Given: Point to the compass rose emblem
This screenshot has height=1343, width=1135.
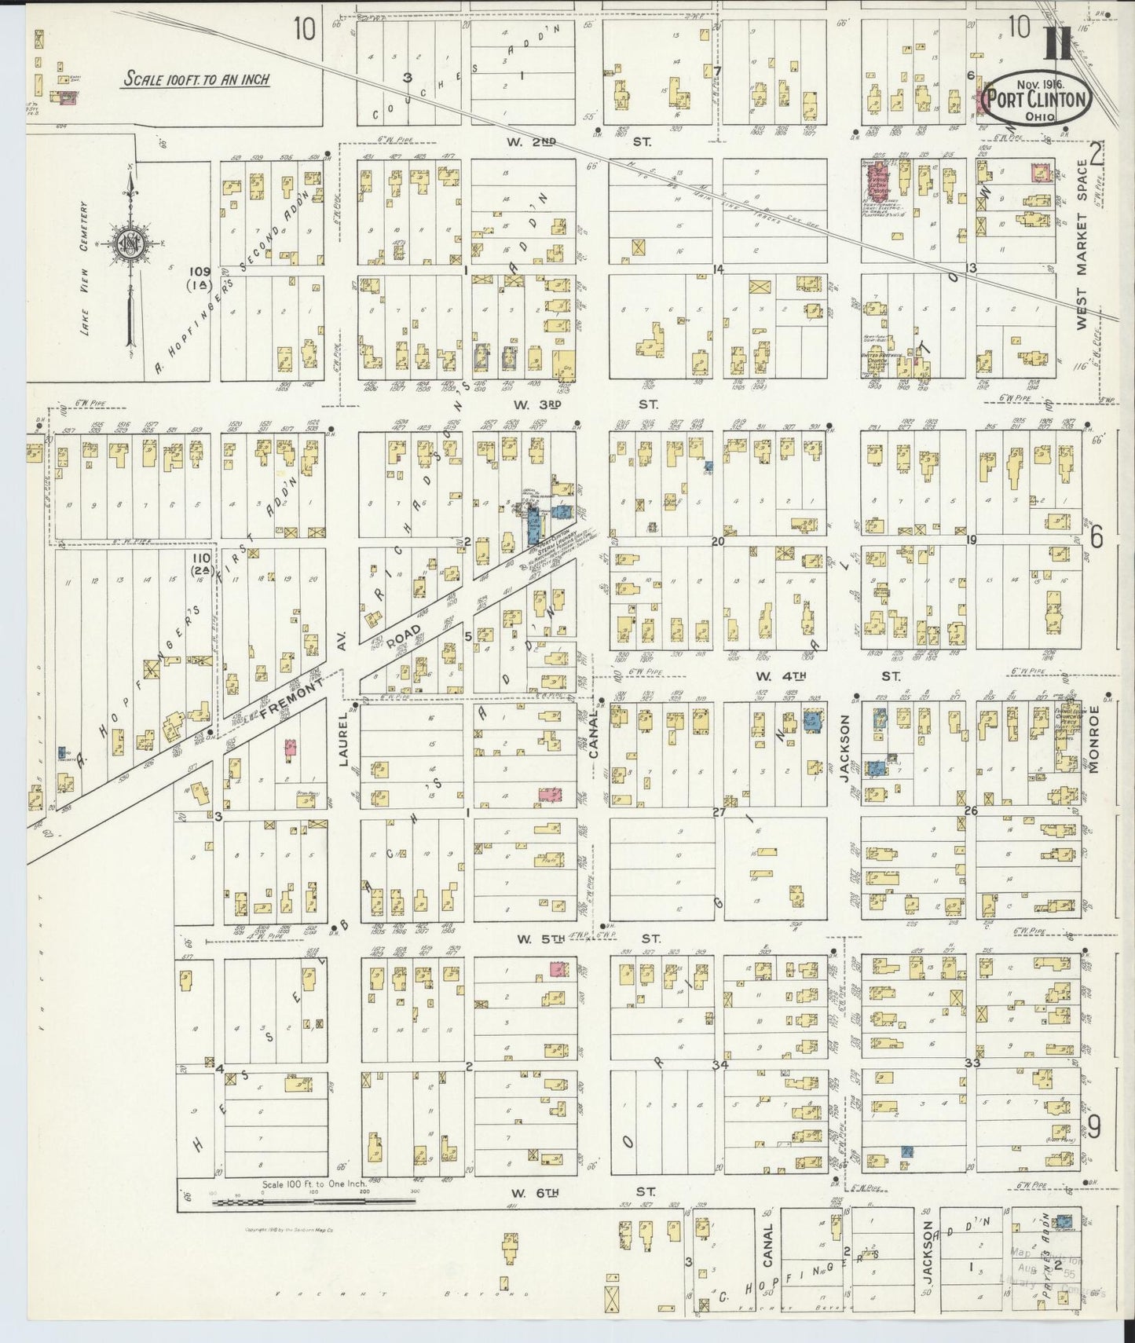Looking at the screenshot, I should (x=129, y=243).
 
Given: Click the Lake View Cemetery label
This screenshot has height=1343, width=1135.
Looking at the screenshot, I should (x=85, y=267).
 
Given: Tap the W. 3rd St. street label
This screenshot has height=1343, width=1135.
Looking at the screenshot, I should (x=584, y=405).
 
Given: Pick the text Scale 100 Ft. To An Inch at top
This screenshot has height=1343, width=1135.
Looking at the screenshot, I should (x=196, y=79).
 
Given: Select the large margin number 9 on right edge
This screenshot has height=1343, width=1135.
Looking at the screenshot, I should (x=1094, y=1127).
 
